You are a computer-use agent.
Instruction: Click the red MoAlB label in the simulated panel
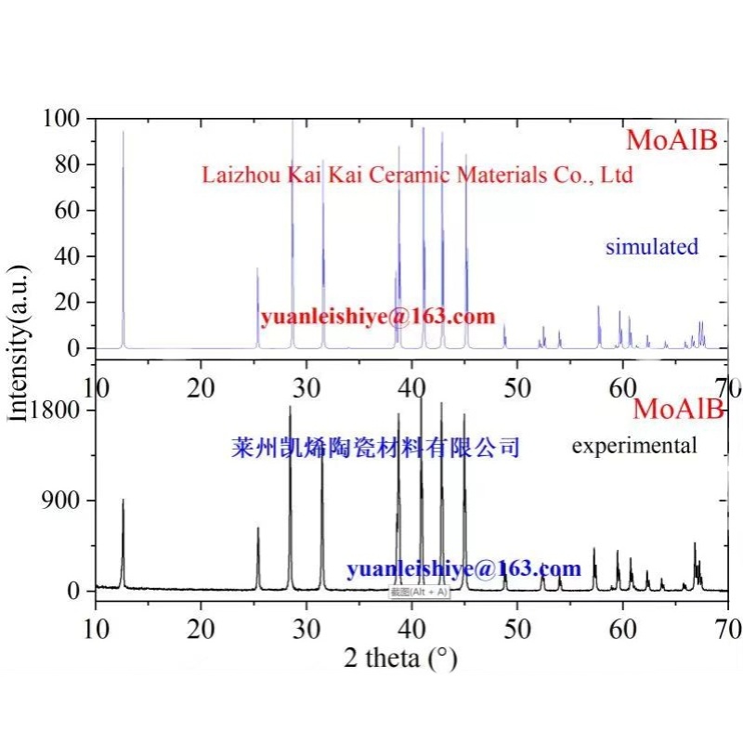(672, 140)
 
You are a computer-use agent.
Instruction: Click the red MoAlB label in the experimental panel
(678, 409)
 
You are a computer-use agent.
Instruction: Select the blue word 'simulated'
(651, 247)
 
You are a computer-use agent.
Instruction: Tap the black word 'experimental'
(634, 446)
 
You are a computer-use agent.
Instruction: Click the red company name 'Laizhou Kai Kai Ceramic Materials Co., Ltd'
(417, 174)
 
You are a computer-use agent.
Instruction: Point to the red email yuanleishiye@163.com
(378, 317)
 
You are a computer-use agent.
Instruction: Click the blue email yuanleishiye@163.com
(464, 568)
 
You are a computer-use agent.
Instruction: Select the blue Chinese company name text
(374, 449)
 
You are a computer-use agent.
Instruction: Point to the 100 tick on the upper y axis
(64, 119)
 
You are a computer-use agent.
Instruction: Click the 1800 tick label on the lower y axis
(55, 411)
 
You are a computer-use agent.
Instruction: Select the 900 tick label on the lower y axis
(61, 502)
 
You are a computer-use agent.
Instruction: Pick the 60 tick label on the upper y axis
(71, 210)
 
